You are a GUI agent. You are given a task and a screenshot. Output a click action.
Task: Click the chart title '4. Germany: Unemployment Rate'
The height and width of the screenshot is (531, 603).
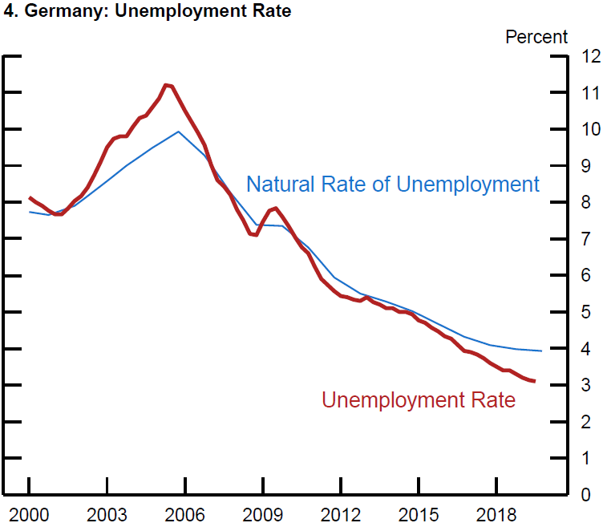pyautogui.click(x=148, y=12)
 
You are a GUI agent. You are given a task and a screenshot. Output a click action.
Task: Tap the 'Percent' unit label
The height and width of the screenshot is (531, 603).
pyautogui.click(x=536, y=37)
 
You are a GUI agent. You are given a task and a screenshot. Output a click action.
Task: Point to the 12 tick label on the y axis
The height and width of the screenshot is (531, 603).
pyautogui.click(x=591, y=56)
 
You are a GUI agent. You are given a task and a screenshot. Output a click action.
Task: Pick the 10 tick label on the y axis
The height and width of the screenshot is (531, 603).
pyautogui.click(x=591, y=129)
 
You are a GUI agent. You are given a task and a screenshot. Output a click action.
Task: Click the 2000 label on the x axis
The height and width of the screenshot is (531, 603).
pyautogui.click(x=29, y=513)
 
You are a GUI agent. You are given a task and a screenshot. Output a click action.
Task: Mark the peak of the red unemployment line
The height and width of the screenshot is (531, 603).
pyautogui.click(x=166, y=84)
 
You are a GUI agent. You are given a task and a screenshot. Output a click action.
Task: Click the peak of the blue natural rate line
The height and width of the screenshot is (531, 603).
pyautogui.click(x=178, y=132)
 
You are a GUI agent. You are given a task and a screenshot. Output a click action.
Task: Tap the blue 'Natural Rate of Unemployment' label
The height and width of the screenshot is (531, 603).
pyautogui.click(x=393, y=184)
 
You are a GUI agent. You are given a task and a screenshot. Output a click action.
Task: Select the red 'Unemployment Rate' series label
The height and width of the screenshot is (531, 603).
pyautogui.click(x=419, y=399)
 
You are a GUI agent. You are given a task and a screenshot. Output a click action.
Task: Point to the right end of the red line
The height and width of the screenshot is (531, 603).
pyautogui.click(x=534, y=381)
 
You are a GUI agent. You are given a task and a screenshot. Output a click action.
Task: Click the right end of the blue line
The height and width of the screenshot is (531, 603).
pyautogui.click(x=542, y=351)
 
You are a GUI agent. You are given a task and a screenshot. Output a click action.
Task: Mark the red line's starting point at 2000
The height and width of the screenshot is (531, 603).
pyautogui.click(x=30, y=197)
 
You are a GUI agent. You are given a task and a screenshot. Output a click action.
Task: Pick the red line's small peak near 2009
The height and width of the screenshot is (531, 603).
pyautogui.click(x=275, y=209)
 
